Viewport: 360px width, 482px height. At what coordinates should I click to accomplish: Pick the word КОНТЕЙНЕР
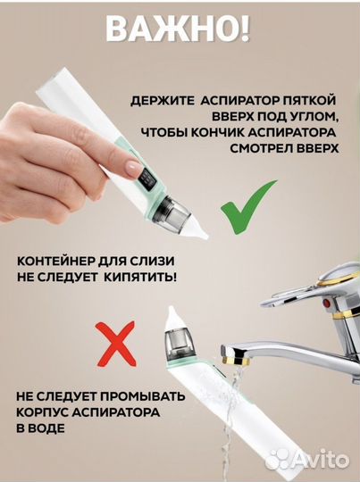tap(56, 261)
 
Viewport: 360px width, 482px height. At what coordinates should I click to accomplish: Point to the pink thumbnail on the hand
tap(133, 168)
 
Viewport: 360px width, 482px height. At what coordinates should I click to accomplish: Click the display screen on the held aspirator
tap(145, 187)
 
